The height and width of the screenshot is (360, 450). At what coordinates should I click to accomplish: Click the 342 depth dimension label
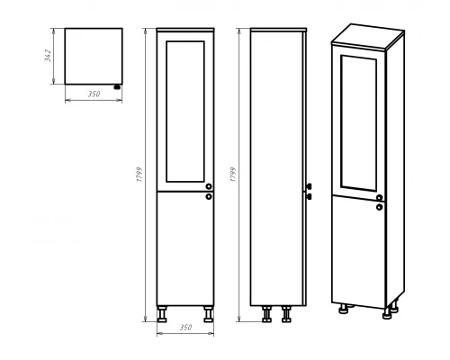pos(48,56)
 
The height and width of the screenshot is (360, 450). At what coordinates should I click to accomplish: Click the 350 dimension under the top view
pos(94,94)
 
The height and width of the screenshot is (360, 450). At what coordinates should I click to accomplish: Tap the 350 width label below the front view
pos(185,328)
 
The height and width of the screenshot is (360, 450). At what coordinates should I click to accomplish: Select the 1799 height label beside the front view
pos(139,175)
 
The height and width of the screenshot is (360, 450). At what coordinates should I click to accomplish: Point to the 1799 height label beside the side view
pos(233,175)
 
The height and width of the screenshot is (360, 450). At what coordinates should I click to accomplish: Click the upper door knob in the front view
pos(209,186)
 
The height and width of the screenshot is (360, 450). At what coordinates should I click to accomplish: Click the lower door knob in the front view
pos(209,197)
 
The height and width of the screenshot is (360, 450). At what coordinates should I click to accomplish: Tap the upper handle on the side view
pos(309,186)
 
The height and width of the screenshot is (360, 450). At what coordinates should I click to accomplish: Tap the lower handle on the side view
pos(309,197)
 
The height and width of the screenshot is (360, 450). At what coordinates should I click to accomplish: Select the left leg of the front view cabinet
pos(162,314)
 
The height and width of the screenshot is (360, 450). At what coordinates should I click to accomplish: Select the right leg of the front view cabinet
pos(208,314)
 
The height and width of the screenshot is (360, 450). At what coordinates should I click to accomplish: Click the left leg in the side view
pos(266,314)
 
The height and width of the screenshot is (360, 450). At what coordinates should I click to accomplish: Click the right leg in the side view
pos(286,314)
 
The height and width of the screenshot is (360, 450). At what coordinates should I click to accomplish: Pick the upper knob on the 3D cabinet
pos(380,198)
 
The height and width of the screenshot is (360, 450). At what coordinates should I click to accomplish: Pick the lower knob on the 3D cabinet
pos(380,207)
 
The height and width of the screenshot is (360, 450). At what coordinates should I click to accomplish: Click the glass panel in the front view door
pos(185,112)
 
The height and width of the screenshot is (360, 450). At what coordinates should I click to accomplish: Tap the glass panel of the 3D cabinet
pos(358,123)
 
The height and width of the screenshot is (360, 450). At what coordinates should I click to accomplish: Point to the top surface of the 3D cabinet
pos(368,35)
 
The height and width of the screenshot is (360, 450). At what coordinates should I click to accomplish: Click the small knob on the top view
pos(117,87)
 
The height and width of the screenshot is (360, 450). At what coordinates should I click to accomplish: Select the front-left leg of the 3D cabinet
pos(344,309)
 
